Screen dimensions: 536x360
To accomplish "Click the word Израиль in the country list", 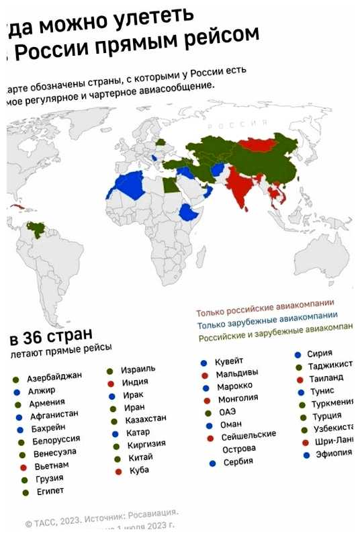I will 138,370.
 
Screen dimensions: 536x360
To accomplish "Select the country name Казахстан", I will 146,420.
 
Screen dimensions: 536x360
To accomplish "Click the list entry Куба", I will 139,470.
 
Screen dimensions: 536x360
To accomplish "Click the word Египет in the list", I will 50,491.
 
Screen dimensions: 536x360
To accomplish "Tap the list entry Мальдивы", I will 237,373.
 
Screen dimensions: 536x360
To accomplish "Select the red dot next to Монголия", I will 206,400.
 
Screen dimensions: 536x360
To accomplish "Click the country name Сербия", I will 238,462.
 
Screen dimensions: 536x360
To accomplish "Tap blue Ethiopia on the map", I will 190,214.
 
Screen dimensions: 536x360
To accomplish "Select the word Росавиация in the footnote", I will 152,515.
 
